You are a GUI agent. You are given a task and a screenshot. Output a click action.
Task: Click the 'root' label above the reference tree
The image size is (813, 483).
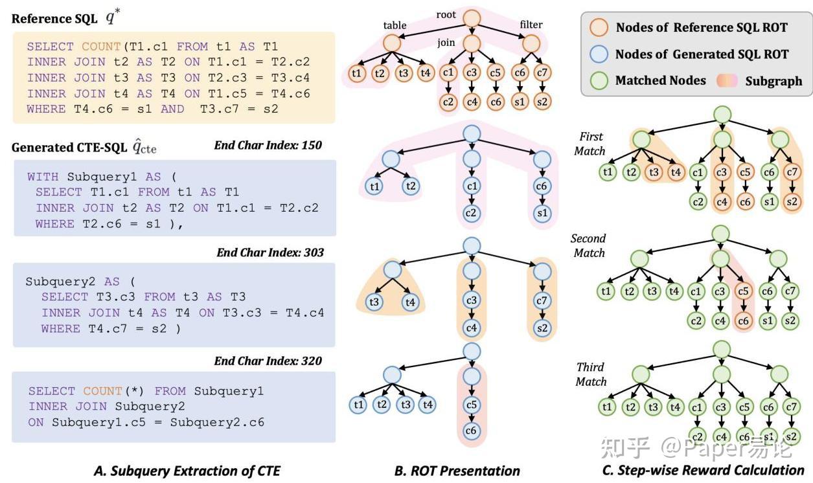[446, 15]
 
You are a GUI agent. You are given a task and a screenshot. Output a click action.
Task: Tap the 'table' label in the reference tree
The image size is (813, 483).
[395, 25]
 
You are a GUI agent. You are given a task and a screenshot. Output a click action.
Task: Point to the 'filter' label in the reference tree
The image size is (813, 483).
[531, 25]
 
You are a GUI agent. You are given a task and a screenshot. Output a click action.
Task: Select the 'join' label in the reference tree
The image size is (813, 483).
[446, 43]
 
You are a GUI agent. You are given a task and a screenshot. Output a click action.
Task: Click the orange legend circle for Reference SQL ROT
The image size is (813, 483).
[599, 28]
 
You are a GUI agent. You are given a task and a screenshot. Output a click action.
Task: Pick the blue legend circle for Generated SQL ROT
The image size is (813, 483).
[599, 54]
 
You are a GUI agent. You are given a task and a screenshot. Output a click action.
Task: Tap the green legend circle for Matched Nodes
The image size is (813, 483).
[599, 80]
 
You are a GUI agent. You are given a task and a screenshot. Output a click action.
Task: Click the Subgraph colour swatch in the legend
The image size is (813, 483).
[727, 80]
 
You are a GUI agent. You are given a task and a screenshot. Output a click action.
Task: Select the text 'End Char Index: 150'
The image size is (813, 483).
[268, 146]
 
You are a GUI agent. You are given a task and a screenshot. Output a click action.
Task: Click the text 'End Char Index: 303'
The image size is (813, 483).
[270, 253]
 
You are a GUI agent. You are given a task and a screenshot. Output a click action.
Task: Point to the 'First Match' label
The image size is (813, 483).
[590, 144]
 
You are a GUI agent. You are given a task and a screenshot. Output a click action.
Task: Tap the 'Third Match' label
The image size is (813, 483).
[591, 374]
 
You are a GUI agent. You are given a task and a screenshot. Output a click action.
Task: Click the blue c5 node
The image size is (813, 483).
[472, 404]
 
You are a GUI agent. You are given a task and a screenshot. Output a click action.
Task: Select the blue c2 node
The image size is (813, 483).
[471, 213]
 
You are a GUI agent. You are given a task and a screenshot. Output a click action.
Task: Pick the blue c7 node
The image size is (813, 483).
[542, 300]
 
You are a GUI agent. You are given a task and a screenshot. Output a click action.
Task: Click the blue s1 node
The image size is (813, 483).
[542, 213]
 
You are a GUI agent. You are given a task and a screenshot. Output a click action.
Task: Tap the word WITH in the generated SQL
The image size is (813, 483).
[43, 177]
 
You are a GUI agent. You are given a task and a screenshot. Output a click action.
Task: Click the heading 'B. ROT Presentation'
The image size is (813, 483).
[457, 471]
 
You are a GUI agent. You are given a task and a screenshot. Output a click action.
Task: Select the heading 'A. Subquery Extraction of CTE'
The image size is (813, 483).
[187, 471]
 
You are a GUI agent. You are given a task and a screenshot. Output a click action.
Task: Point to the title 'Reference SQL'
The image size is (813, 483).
[54, 19]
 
